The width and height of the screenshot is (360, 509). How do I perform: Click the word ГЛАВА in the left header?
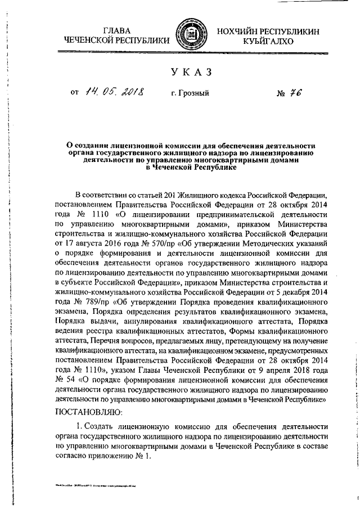click(116, 30)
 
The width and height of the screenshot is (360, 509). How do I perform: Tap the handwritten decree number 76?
click(297, 94)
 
